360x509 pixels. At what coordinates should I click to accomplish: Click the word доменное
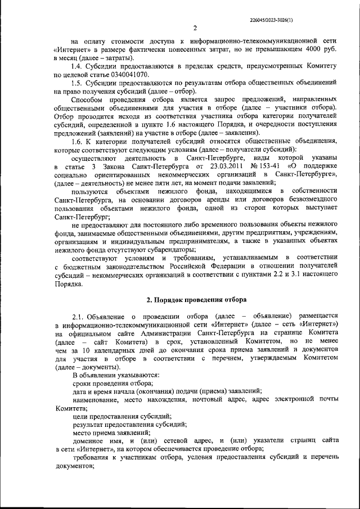[x=91, y=440]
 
